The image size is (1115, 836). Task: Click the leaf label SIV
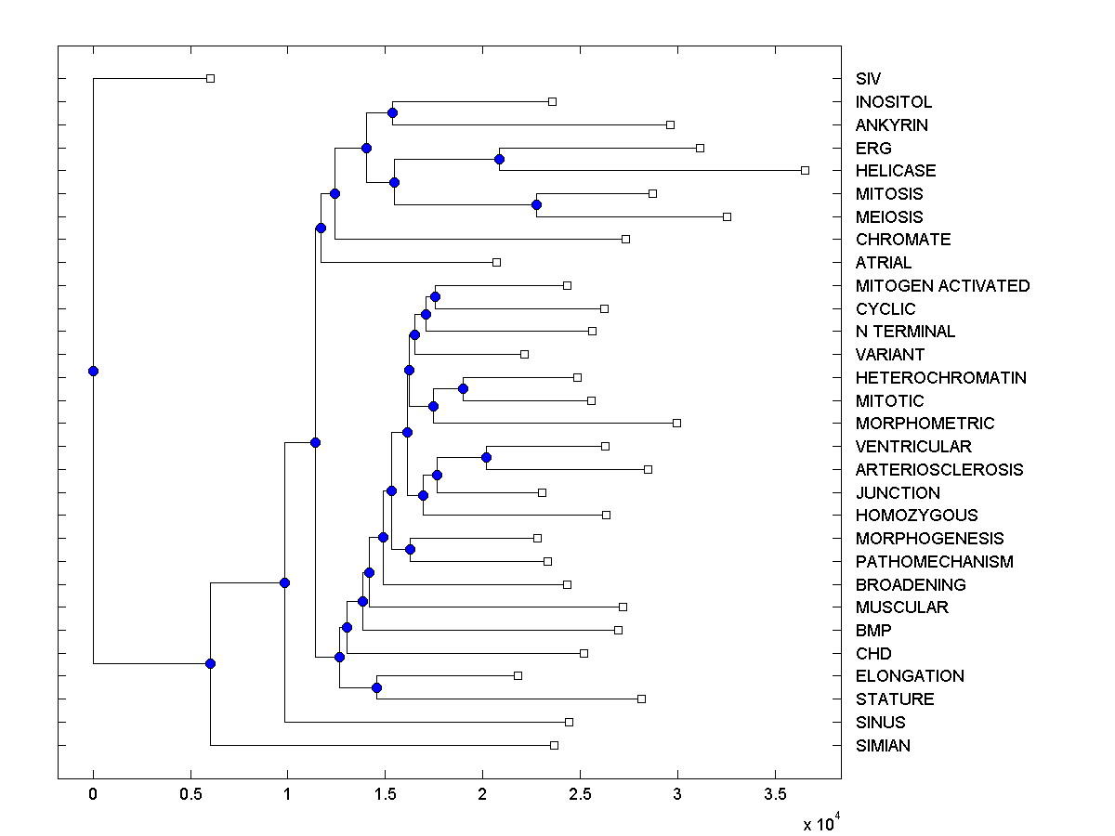tap(868, 79)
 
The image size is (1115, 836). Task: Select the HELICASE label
tap(896, 171)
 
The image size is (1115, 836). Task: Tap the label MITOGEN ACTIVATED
tap(942, 286)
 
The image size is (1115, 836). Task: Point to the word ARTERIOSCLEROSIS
tap(939, 470)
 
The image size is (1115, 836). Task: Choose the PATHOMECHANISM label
tap(934, 562)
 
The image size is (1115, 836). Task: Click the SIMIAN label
tap(883, 746)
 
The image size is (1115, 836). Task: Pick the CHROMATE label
tap(903, 240)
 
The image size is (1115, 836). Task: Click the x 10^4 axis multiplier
tap(822, 823)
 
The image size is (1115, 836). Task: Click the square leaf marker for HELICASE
tap(806, 170)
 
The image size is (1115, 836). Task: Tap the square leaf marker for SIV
tap(210, 78)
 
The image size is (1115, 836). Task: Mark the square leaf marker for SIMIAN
tap(555, 745)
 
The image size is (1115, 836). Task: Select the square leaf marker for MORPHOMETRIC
tap(676, 423)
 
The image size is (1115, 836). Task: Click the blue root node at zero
tap(93, 371)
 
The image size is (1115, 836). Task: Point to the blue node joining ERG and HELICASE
tap(499, 159)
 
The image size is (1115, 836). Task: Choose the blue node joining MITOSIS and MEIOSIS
tap(536, 204)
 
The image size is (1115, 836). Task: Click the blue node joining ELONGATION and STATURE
tap(376, 687)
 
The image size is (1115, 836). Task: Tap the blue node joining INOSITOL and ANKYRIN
tap(392, 112)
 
